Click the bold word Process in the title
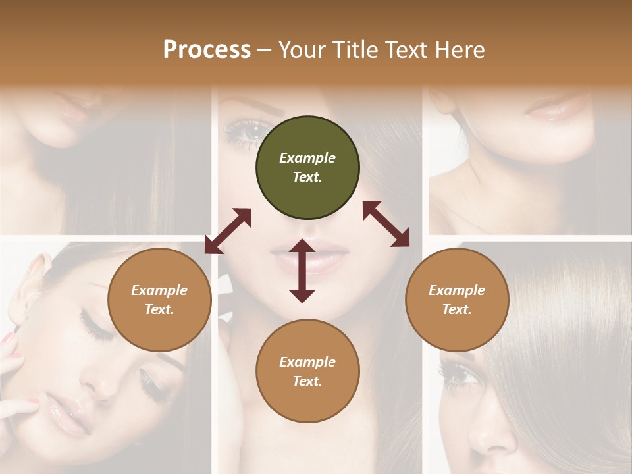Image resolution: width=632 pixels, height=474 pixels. coord(207,50)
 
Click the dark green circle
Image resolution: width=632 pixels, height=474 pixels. coord(307,168)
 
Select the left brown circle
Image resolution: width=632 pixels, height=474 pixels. coord(159,300)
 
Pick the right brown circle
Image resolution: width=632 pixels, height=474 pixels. coord(457,300)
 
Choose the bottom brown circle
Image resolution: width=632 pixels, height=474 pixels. coord(307,371)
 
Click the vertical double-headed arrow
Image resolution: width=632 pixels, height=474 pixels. coord(302,271)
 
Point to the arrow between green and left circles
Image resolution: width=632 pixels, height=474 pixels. coord(228,231)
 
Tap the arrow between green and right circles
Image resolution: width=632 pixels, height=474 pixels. coord(386,224)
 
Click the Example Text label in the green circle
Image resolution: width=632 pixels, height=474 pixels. coord(307,167)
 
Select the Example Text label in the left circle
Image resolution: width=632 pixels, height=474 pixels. coord(159,300)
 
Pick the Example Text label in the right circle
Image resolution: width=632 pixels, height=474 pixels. coord(457,300)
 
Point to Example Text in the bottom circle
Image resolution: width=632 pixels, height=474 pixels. coord(307,371)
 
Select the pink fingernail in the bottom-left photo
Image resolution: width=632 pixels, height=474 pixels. coord(9,337)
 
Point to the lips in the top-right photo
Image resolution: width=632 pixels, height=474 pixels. coord(557,108)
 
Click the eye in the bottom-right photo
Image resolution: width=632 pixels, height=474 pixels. coord(458,376)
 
